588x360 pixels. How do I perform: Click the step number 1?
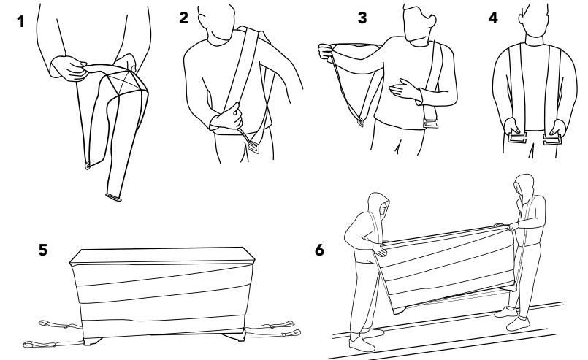click(x=21, y=23)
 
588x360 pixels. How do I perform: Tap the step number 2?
click(x=184, y=20)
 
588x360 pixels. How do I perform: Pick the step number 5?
click(x=44, y=249)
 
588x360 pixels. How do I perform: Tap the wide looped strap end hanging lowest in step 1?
click(x=113, y=194)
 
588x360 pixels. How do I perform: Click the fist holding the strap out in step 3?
click(x=327, y=52)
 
